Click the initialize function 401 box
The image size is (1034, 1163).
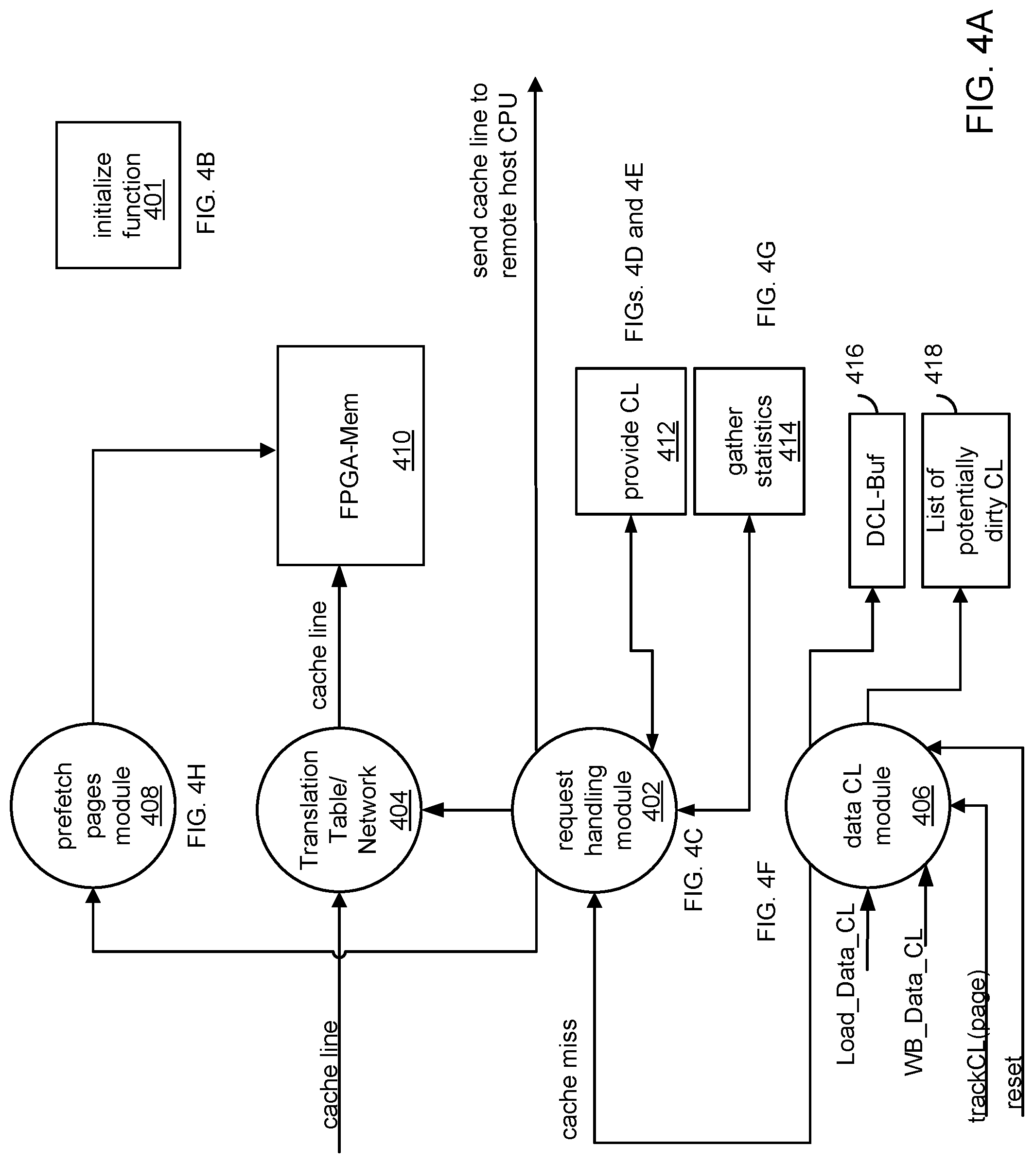[118, 194]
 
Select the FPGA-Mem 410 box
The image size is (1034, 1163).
[351, 455]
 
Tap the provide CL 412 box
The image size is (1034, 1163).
[631, 441]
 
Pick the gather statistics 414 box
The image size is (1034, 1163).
[749, 441]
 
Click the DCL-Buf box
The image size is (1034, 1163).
[876, 500]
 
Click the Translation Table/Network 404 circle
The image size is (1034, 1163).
[339, 808]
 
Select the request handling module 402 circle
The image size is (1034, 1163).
[594, 808]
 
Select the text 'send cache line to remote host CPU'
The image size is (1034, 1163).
[494, 181]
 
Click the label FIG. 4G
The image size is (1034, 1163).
[767, 284]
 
